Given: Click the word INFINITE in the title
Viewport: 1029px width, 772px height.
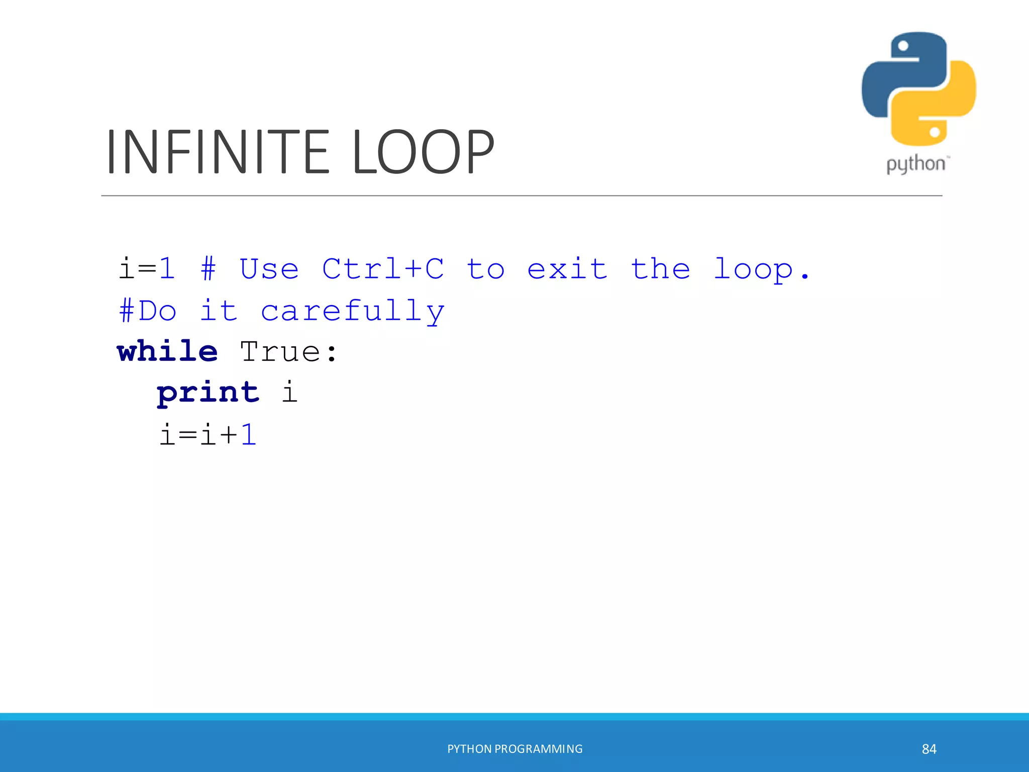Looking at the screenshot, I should point(218,152).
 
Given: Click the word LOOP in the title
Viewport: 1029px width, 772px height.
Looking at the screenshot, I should point(423,152).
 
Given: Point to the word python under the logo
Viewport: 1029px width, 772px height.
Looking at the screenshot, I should point(915,164).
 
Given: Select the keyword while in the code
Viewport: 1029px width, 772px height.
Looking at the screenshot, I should point(167,351).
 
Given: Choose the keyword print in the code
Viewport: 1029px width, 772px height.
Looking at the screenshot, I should point(208,393).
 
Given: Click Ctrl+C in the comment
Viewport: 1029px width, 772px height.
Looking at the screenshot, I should point(383,269).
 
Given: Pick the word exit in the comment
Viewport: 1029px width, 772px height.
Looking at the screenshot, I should point(567,269).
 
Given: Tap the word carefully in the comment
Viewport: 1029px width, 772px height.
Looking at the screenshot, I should point(353,311).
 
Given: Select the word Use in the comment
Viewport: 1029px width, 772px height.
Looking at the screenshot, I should point(269,269).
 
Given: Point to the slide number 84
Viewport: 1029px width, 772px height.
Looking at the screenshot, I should point(929,749).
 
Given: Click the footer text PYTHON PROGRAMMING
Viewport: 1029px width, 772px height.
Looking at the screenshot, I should point(515,749).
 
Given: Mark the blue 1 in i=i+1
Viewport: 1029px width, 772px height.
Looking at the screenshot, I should point(249,434).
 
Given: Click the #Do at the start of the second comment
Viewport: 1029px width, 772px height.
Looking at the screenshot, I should point(148,311).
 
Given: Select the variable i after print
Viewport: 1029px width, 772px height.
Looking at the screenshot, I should point(290,392).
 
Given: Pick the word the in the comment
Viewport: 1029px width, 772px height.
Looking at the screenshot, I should point(660,269).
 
